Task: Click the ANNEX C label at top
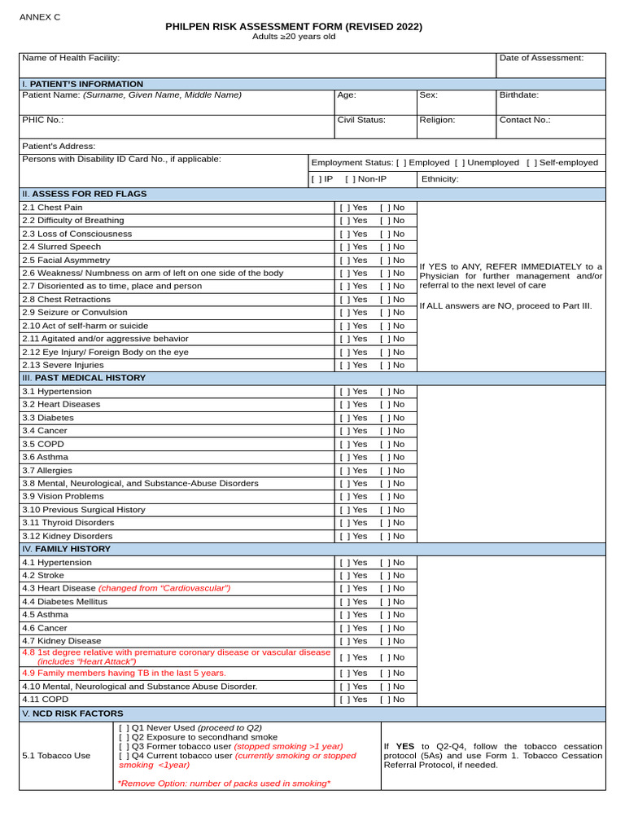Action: [40, 17]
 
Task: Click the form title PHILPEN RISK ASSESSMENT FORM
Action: [294, 27]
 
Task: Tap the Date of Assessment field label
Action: [541, 58]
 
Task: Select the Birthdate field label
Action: [518, 95]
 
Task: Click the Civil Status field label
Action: [361, 120]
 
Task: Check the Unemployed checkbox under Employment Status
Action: [459, 163]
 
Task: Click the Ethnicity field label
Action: [439, 179]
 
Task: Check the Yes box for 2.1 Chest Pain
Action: [344, 208]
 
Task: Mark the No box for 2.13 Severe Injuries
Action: [384, 366]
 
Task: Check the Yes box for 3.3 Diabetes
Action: [344, 418]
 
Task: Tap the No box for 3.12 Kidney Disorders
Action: [384, 536]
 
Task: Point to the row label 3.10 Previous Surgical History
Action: [84, 510]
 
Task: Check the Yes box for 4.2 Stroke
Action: [344, 575]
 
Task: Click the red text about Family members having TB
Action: [124, 674]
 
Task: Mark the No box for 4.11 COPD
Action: [384, 700]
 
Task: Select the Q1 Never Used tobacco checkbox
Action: [124, 728]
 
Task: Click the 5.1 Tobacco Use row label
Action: [56, 756]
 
